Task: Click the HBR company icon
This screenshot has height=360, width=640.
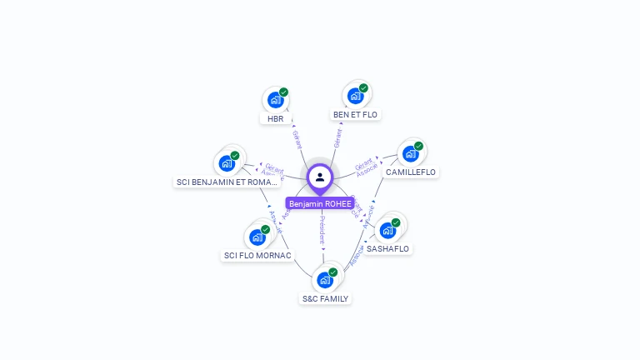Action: click(275, 100)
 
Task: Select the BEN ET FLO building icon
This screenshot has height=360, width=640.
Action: click(355, 96)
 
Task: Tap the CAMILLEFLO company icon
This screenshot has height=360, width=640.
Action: click(409, 153)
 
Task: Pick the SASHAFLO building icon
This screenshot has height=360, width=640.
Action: click(387, 230)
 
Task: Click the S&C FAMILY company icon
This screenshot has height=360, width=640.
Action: click(324, 279)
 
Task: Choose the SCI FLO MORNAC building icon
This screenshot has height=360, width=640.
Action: click(257, 237)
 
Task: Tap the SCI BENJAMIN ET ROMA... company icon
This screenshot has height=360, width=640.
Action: click(226, 163)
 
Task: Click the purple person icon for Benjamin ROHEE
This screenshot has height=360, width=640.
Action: click(320, 177)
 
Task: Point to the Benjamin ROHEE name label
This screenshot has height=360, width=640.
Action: click(320, 203)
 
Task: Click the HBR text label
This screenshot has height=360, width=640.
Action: click(275, 119)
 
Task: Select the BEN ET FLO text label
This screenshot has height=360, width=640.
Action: click(356, 115)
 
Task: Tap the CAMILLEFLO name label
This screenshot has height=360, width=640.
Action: click(411, 172)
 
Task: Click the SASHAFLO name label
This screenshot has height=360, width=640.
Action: click(388, 249)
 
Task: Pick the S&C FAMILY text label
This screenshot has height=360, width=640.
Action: click(325, 298)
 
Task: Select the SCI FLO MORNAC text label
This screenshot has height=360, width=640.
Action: click(257, 256)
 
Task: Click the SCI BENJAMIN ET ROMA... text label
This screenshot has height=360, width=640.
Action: click(227, 182)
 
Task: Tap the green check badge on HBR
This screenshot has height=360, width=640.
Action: click(283, 92)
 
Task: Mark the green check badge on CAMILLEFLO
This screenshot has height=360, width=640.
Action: click(418, 146)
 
